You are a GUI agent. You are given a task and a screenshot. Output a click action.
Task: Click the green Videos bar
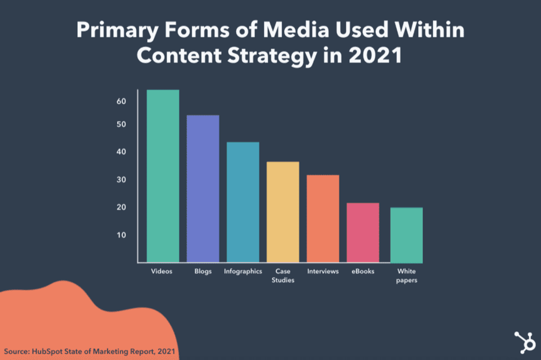click(x=163, y=176)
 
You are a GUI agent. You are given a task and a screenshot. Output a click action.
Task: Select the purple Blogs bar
click(x=203, y=189)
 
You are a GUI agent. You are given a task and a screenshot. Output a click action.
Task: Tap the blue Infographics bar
click(x=243, y=202)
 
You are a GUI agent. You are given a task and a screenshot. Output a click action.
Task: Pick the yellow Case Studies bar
click(x=283, y=212)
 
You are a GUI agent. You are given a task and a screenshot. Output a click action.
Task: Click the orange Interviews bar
click(x=323, y=219)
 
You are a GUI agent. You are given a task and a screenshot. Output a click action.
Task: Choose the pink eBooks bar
click(x=363, y=232)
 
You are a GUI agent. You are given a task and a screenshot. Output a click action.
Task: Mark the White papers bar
click(x=406, y=235)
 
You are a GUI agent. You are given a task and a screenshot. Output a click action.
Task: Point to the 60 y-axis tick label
click(x=121, y=101)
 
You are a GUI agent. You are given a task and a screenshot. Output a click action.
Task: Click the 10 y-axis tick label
click(x=121, y=235)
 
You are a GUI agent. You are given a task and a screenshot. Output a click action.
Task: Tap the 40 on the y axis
click(x=121, y=152)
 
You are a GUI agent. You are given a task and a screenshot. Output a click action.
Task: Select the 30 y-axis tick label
click(x=121, y=180)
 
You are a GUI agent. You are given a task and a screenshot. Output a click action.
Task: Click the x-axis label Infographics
click(x=243, y=272)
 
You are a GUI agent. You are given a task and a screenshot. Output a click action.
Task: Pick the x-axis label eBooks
click(x=363, y=272)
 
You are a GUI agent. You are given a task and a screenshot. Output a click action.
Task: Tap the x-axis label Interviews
click(x=323, y=272)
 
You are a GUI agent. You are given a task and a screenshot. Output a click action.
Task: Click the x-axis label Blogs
click(x=203, y=272)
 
